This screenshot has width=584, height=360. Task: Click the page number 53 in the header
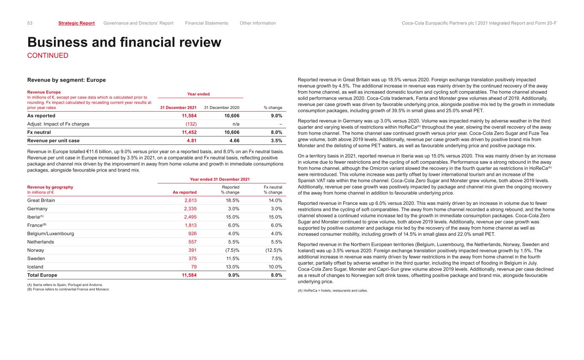(x=30, y=23)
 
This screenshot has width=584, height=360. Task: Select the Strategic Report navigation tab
(x=77, y=23)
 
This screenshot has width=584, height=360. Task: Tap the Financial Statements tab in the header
(x=207, y=23)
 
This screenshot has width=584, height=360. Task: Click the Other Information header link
(x=258, y=23)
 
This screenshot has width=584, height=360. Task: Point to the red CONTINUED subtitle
(x=47, y=56)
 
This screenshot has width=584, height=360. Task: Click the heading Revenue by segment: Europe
(x=66, y=80)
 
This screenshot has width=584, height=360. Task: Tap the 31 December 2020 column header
(x=222, y=108)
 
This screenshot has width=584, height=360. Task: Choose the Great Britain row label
(x=41, y=201)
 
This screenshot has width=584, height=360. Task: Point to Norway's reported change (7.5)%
(x=230, y=251)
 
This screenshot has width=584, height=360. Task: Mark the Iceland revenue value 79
(x=193, y=267)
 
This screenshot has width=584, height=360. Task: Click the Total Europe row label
(x=42, y=275)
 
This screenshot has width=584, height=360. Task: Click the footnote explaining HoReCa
(x=332, y=291)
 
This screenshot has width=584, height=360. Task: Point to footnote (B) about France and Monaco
(x=68, y=289)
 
